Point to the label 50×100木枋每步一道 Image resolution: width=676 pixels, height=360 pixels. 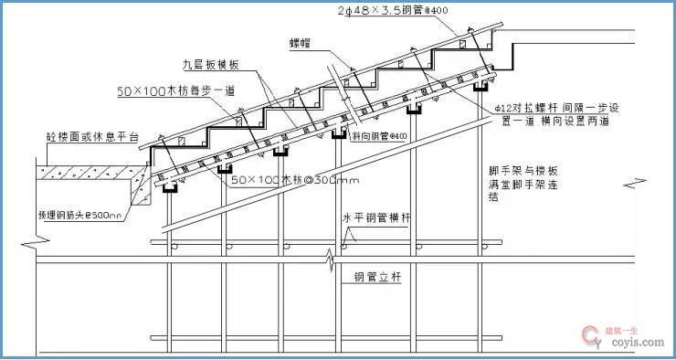(176, 91)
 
